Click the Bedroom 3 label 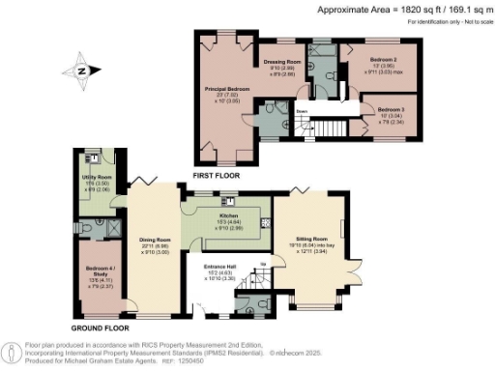[392, 110]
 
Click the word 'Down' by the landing [302, 111]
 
